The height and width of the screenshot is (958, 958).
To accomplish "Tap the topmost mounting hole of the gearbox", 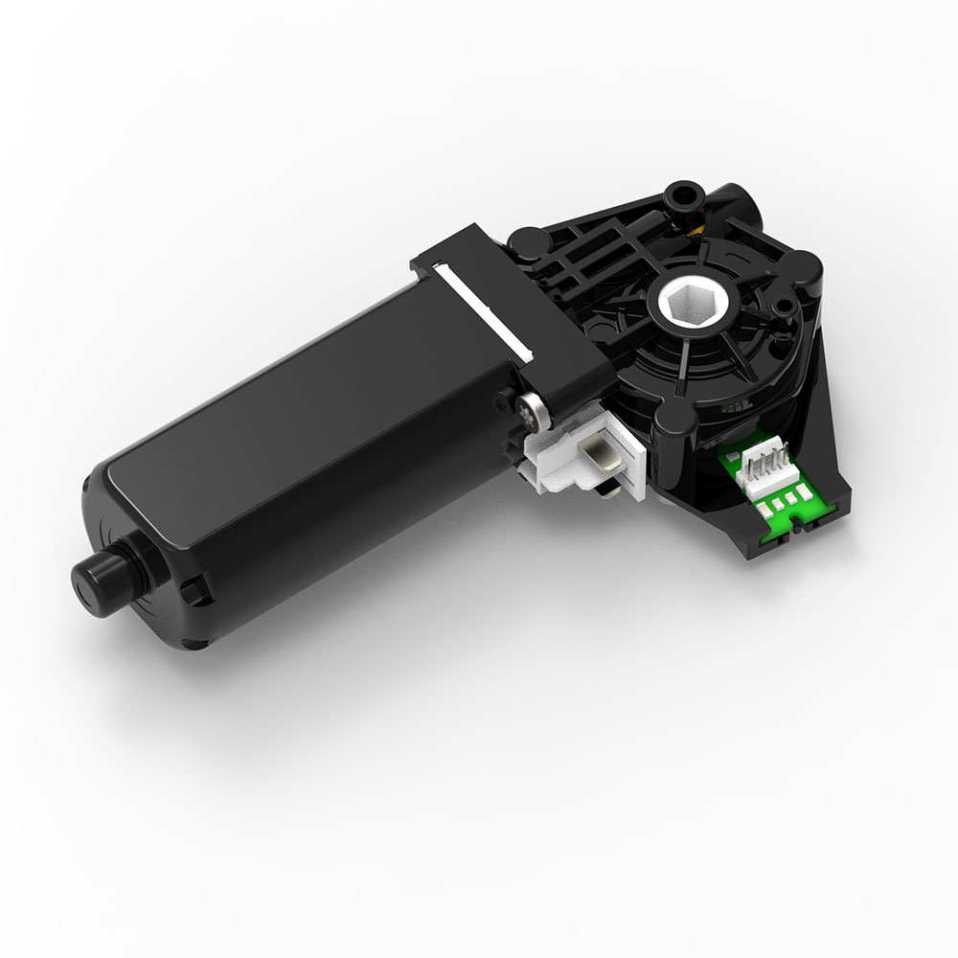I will point(683,196).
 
